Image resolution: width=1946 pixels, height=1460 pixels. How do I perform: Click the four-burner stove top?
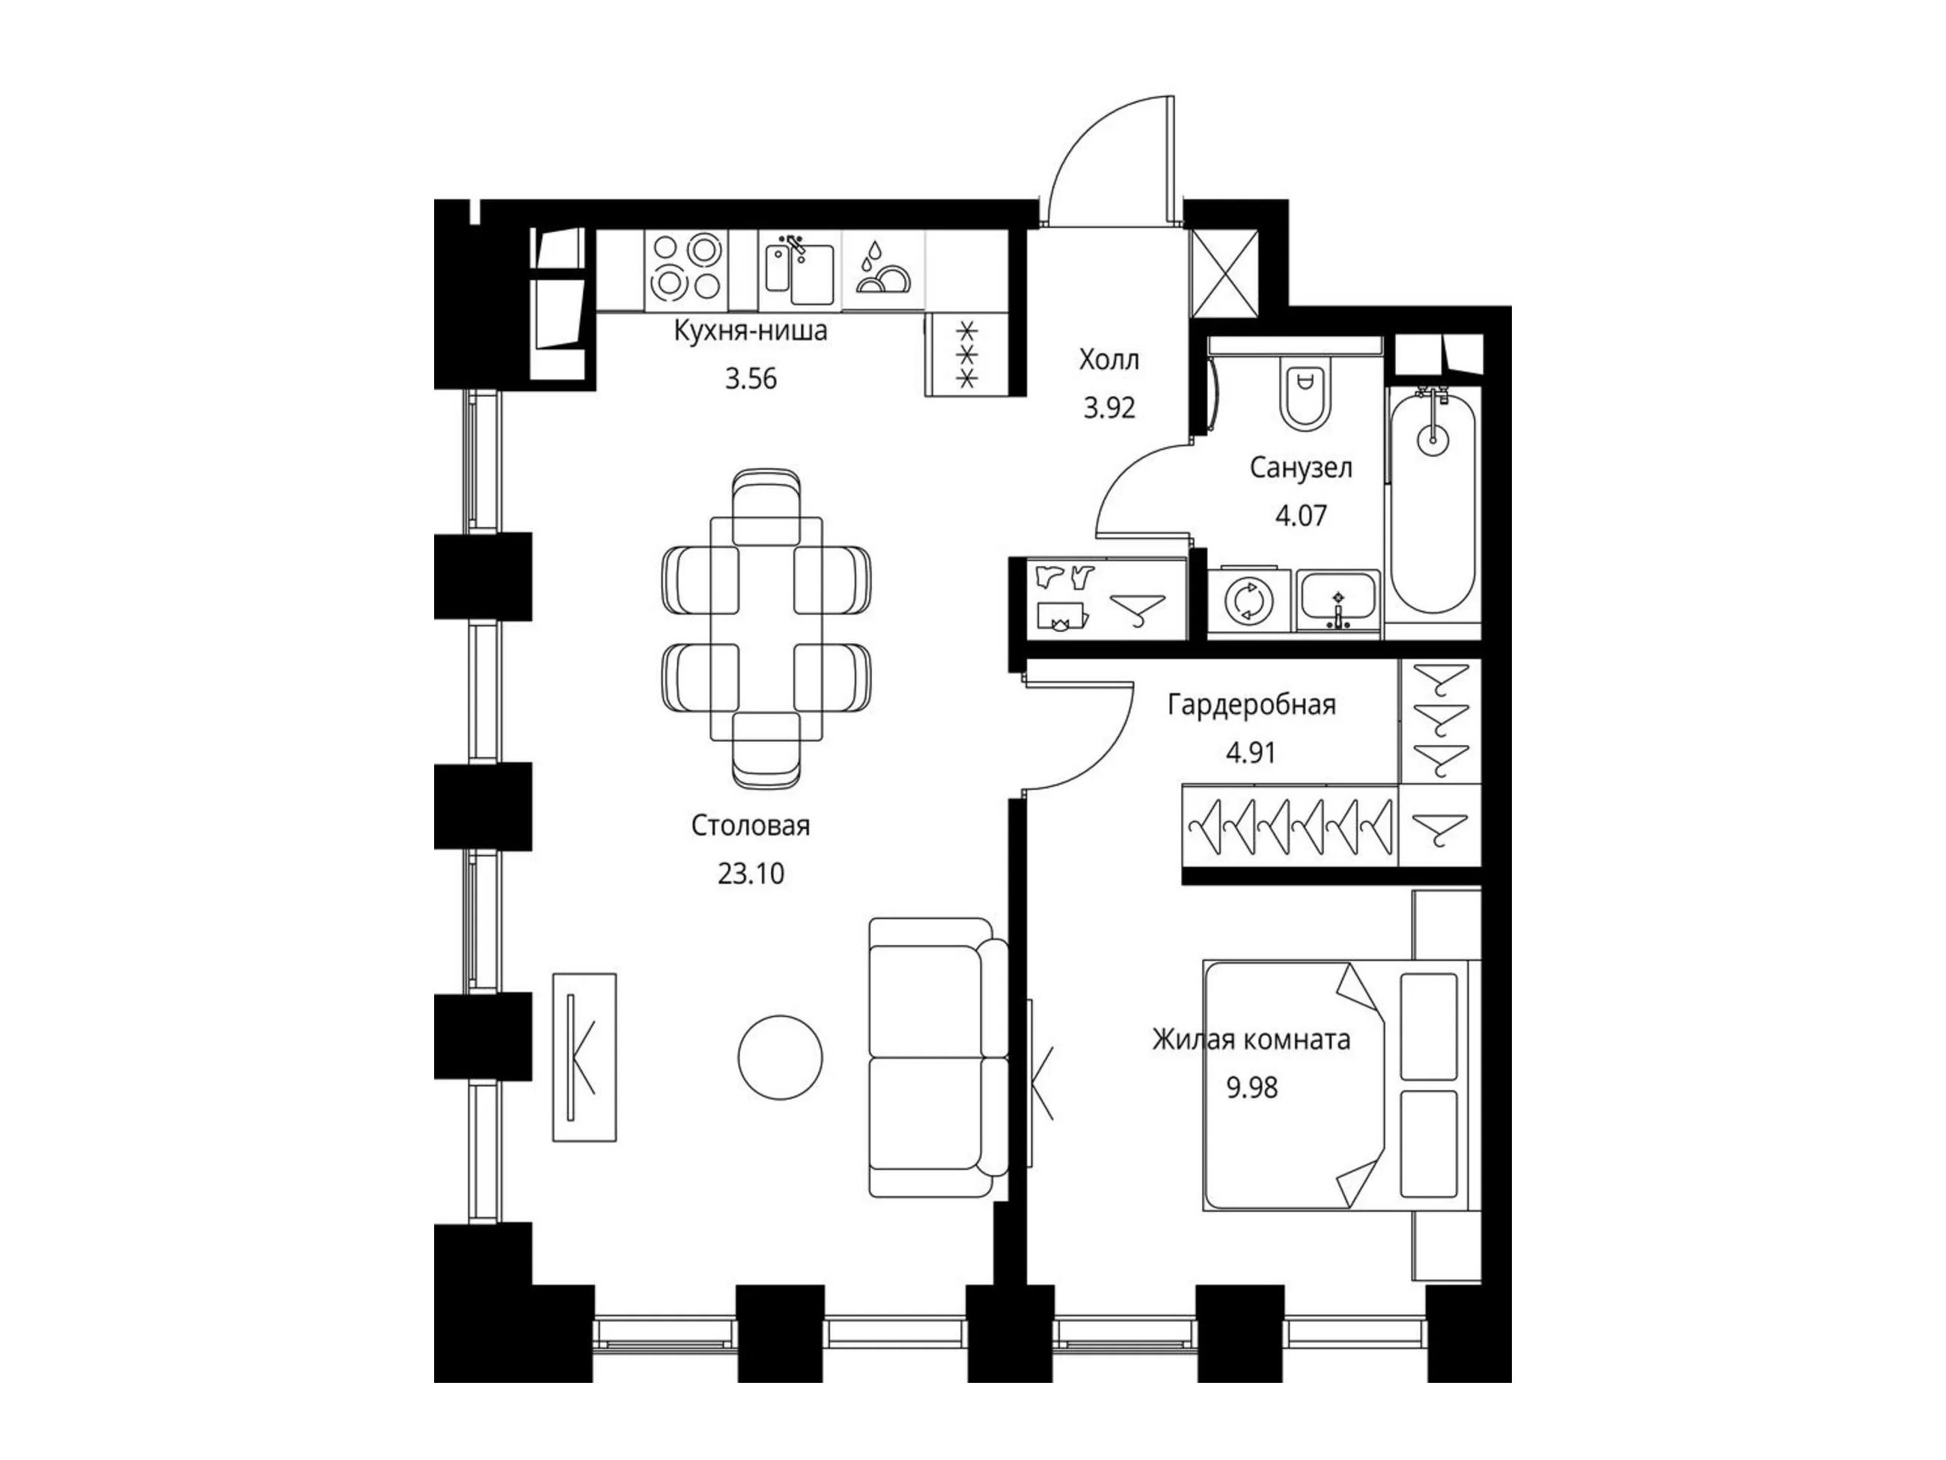click(x=686, y=267)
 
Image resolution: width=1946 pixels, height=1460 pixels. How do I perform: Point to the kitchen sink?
click(x=799, y=268)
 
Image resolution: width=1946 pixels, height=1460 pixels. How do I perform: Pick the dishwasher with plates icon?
click(x=882, y=268)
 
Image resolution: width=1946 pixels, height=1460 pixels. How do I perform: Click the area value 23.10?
click(x=751, y=874)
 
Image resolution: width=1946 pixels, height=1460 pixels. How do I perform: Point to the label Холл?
click(x=1109, y=359)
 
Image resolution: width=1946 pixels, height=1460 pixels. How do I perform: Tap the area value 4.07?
click(x=1301, y=515)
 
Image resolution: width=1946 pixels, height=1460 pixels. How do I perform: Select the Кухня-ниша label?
click(x=751, y=332)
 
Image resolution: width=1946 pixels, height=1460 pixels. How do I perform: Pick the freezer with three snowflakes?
click(x=967, y=354)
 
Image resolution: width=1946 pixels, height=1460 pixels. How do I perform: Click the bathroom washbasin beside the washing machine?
click(x=1338, y=601)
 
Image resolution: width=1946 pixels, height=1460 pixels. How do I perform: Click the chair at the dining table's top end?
click(x=766, y=507)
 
